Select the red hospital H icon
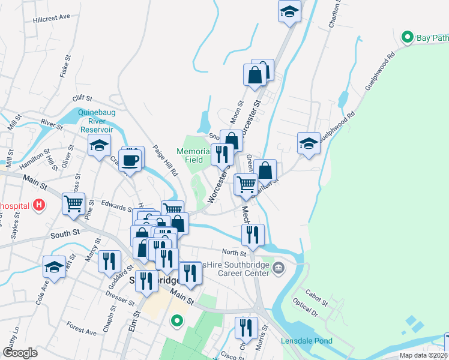40,206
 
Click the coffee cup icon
130,160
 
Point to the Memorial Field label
193,155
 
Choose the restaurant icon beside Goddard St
109,261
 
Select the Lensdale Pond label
307,341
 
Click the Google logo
20,353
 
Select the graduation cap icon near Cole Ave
54,267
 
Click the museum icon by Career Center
277,266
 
